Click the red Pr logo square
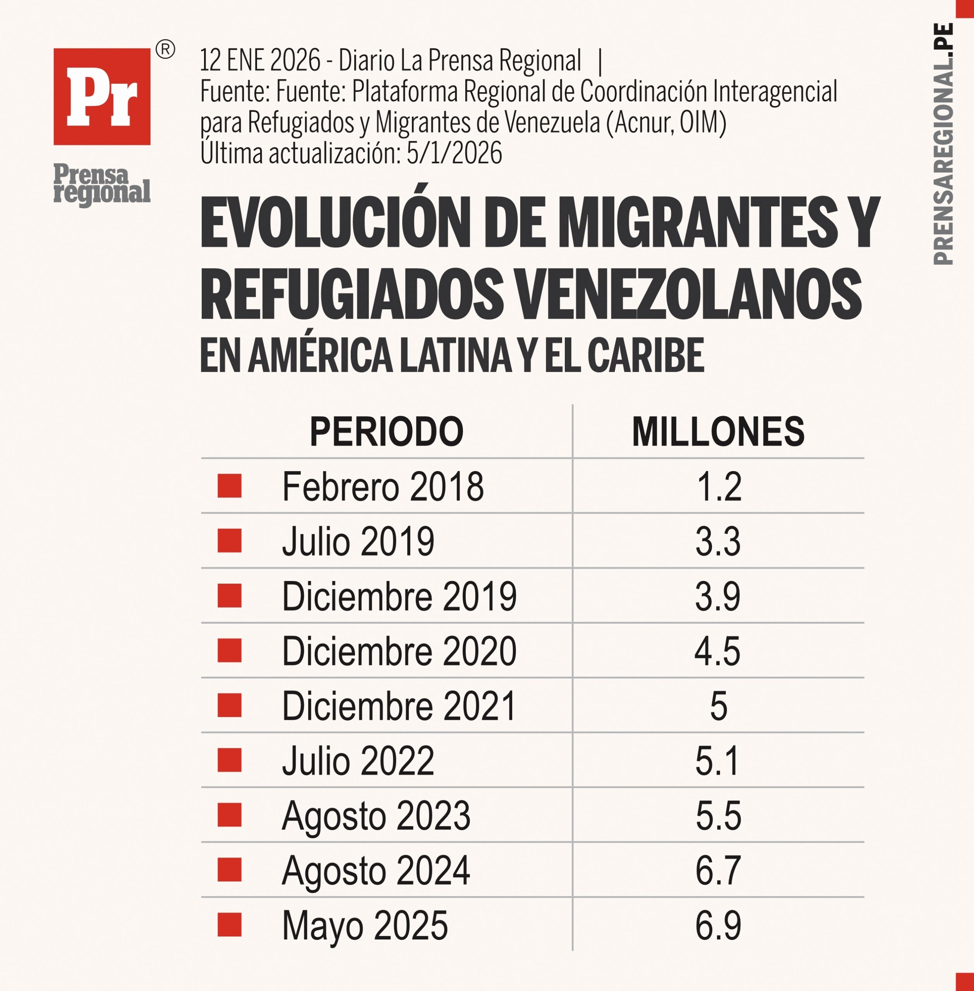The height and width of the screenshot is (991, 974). point(102,97)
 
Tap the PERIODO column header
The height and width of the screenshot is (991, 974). point(386,432)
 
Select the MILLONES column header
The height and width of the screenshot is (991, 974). point(718,432)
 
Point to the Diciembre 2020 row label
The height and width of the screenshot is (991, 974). point(399,651)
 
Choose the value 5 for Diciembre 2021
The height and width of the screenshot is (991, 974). point(718,706)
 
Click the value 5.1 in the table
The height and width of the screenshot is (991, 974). point(717,761)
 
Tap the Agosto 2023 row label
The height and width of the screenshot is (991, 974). point(376,816)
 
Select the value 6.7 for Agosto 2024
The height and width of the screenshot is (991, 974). point(718,871)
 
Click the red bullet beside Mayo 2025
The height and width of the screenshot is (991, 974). point(229,925)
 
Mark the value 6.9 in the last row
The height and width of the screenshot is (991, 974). point(718,926)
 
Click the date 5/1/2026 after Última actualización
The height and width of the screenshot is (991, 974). point(454,153)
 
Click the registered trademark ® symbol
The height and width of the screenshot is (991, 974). point(165,50)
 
